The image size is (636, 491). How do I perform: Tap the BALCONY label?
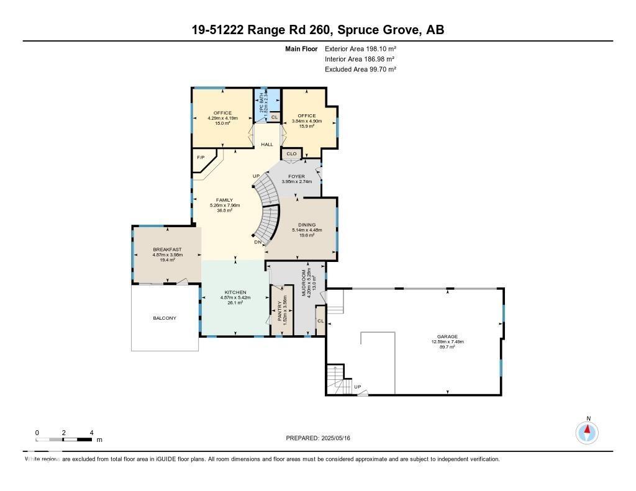[x=165, y=318]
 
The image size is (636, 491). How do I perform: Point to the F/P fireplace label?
[x=201, y=158]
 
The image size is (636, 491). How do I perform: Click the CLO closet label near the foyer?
[x=291, y=153]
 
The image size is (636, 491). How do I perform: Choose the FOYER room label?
[x=296, y=176]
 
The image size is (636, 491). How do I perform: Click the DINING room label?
[x=306, y=225]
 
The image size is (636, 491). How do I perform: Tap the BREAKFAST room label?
[x=166, y=249]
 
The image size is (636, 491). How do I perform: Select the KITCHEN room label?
[x=235, y=292]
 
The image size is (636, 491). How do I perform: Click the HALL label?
[x=267, y=145]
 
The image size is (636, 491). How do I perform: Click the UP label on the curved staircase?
[x=256, y=176]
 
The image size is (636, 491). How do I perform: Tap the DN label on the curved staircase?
[x=257, y=242]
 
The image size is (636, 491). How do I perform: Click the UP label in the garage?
[x=357, y=387]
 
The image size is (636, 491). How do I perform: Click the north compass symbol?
[x=587, y=431]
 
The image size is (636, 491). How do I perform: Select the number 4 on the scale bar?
[x=91, y=433]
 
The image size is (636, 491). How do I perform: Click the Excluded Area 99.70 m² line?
[x=360, y=70]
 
